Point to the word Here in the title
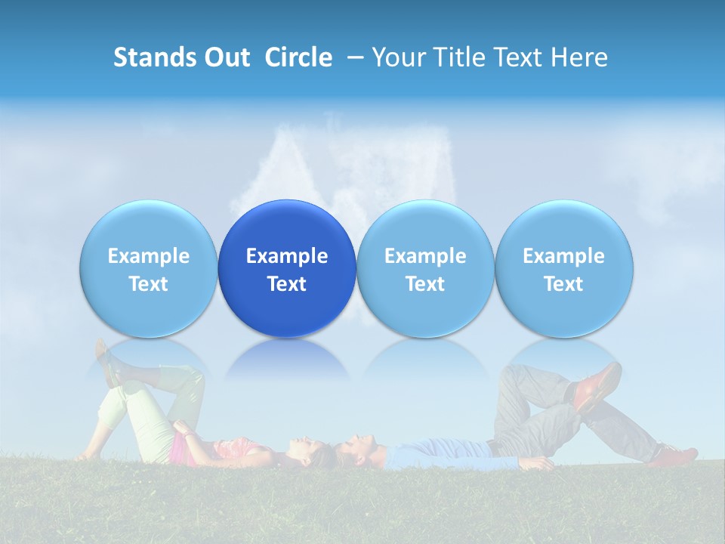point(580,57)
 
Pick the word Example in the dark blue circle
point(287,256)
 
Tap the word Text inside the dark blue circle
point(287,284)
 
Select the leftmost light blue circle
point(149,268)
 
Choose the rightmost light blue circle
point(563,268)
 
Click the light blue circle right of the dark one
point(425,268)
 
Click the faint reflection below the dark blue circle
point(287,359)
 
